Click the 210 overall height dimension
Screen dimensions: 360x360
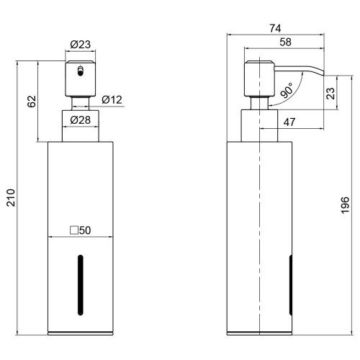click(11, 198)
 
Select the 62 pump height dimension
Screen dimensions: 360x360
click(32, 102)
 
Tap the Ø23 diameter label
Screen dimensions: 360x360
click(81, 45)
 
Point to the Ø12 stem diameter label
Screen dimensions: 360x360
click(112, 99)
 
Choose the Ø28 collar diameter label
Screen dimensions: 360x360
click(81, 120)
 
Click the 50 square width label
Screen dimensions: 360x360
click(85, 230)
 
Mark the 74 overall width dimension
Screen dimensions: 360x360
click(275, 28)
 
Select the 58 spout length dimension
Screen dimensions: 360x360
click(285, 42)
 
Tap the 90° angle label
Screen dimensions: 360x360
click(287, 91)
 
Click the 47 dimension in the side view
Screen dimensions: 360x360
click(289, 122)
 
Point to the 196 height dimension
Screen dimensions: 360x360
click(345, 204)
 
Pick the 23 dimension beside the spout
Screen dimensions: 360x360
click(330, 94)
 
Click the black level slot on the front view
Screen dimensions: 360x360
click(81, 285)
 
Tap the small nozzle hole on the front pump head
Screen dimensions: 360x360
click(81, 72)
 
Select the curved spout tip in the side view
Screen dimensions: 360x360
click(320, 72)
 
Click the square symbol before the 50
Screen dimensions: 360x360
click(74, 230)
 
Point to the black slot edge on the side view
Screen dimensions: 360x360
click(291, 285)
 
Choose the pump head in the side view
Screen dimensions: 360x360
click(259, 78)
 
